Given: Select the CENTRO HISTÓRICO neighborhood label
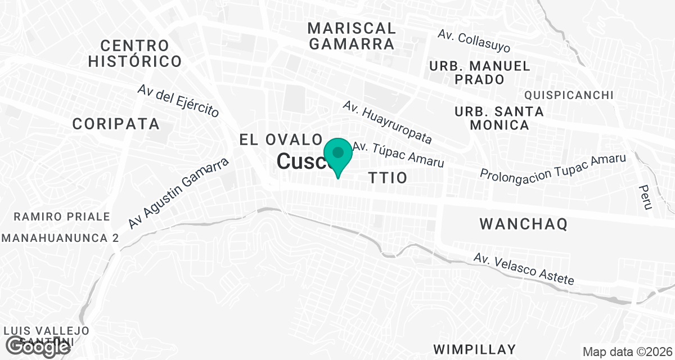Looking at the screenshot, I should [x=134, y=53].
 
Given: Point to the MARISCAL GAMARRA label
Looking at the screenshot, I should [x=352, y=35].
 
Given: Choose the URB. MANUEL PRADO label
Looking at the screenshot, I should [x=479, y=73].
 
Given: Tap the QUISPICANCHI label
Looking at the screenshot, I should [x=568, y=95].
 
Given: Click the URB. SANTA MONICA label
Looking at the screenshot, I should [x=499, y=118].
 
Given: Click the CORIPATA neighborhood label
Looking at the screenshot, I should [x=116, y=124].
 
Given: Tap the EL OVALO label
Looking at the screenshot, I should [x=281, y=139].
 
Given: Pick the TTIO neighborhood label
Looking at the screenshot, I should [x=388, y=178].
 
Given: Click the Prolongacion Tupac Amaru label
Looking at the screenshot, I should [x=553, y=167].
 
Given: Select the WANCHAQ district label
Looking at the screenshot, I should [x=523, y=224].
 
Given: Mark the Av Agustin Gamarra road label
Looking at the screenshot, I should [x=179, y=193].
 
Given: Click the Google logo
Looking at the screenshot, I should [x=39, y=346].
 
